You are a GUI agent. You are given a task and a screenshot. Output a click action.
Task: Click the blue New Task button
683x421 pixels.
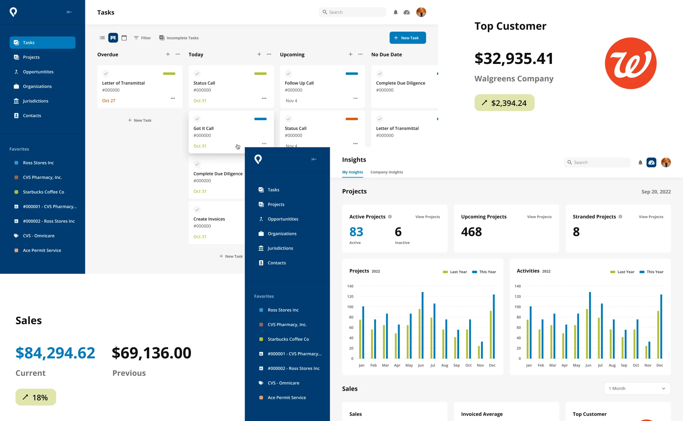point(407,38)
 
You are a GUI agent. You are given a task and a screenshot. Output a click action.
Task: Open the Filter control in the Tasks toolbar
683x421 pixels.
point(142,38)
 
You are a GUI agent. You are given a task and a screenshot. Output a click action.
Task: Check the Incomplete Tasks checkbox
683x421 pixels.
point(162,38)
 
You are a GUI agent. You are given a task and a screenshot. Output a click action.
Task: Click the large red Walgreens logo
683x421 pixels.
point(630,63)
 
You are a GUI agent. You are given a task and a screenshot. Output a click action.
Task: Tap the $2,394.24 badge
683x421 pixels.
point(504,103)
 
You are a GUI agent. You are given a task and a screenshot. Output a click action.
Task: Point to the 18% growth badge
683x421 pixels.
point(36,397)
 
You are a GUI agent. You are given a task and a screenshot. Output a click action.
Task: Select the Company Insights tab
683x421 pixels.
point(386,172)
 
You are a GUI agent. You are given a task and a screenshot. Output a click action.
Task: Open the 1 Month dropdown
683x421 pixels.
point(637,388)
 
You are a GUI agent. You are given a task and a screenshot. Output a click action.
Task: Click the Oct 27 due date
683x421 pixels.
point(109,101)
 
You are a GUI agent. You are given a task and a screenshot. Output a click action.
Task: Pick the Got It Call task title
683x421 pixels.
point(204,128)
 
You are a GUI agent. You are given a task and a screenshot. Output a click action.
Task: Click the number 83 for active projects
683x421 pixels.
point(356,232)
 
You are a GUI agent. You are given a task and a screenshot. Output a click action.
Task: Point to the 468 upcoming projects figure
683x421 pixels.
point(471,232)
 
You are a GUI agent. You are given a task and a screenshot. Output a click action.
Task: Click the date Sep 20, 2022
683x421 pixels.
point(656,192)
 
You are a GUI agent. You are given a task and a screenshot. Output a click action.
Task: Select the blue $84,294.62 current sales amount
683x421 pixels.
point(55,353)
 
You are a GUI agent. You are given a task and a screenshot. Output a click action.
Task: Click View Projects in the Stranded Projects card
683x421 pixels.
point(651,217)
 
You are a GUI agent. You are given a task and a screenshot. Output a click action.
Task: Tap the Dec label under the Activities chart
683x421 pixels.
point(659,365)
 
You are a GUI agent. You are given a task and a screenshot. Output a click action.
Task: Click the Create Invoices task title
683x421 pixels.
point(209,219)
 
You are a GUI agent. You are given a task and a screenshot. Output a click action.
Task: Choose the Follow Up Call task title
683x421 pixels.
point(299,83)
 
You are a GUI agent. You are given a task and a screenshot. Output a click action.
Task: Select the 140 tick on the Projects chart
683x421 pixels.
point(350,286)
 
